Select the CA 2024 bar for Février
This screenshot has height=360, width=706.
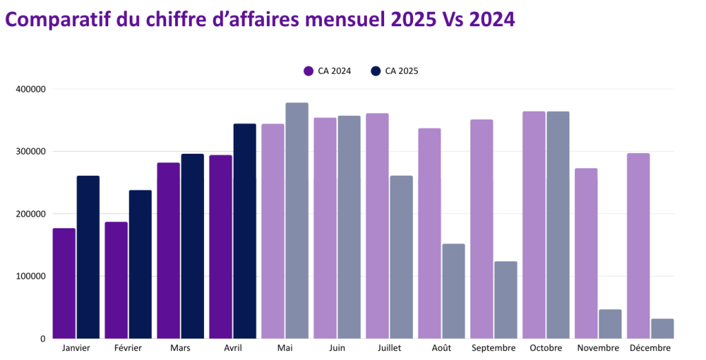tap(116, 280)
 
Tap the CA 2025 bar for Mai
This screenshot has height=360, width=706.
tap(296, 221)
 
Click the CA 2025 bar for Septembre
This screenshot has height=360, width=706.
tap(505, 300)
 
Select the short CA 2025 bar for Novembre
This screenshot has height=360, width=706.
tap(610, 324)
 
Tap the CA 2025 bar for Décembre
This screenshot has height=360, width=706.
tap(662, 329)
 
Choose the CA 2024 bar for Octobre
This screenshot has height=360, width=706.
tap(534, 225)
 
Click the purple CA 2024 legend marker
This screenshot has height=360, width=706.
tap(308, 70)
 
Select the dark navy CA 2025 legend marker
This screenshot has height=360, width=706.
tap(375, 70)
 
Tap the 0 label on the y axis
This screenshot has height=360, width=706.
tap(43, 339)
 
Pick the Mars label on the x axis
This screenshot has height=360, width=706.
tap(180, 348)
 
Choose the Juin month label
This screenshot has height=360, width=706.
tap(337, 348)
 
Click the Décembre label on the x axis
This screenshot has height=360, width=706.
tap(649, 348)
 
